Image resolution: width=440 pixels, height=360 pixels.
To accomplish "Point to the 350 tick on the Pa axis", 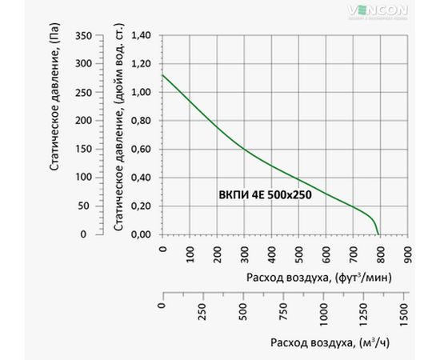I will pyautogui.click(x=82, y=36).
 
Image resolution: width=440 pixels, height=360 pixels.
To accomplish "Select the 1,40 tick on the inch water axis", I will pyautogui.click(x=141, y=36).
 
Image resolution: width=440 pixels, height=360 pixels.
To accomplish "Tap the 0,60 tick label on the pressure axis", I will pyautogui.click(x=141, y=149).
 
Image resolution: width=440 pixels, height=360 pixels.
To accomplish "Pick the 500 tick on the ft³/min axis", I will pyautogui.click(x=298, y=254).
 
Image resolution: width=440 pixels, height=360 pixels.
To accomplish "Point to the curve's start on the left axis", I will pyautogui.click(x=162, y=75).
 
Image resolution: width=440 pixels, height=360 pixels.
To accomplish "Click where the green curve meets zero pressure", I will pyautogui.click(x=379, y=234).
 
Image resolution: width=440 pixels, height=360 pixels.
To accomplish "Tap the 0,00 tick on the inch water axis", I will pyautogui.click(x=141, y=234).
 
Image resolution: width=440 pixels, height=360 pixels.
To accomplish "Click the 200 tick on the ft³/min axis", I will pyautogui.click(x=216, y=254).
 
